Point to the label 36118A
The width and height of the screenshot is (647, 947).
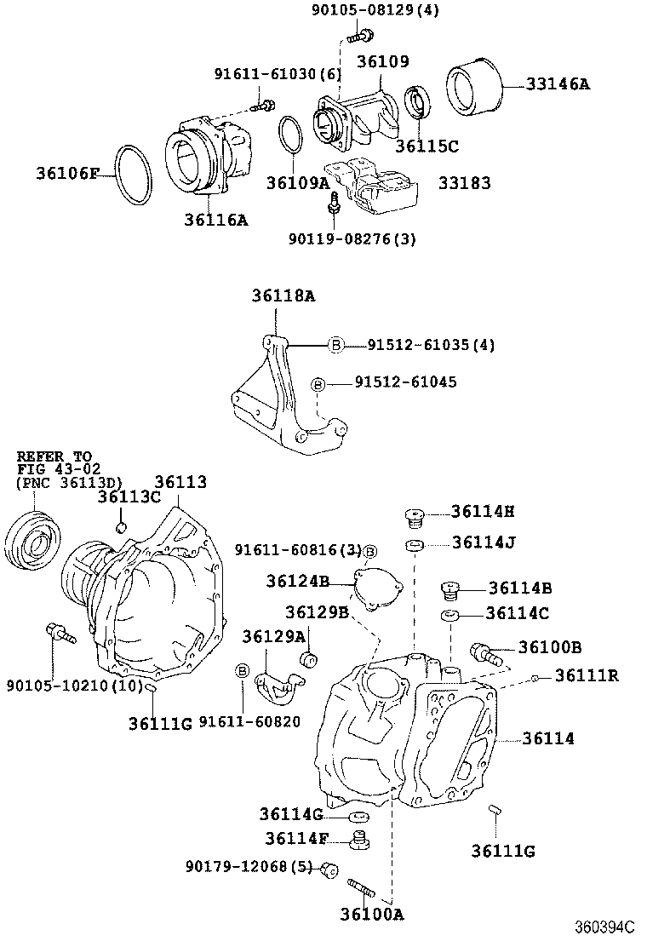click(283, 296)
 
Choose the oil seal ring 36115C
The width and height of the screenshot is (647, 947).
click(416, 104)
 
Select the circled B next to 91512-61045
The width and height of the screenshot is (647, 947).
click(318, 384)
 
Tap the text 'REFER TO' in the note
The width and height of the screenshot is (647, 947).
click(54, 456)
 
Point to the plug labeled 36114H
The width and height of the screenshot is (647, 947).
click(414, 516)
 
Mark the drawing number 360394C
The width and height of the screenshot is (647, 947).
click(604, 927)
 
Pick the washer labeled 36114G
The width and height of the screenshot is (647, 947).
click(358, 817)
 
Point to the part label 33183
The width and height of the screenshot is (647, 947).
click(464, 182)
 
